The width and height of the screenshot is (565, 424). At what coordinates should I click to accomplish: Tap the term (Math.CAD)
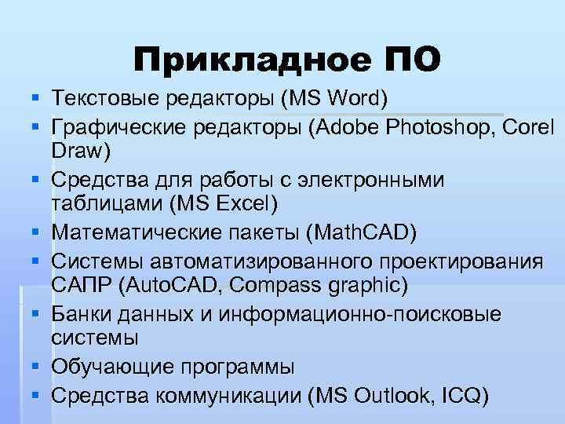[361, 233]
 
